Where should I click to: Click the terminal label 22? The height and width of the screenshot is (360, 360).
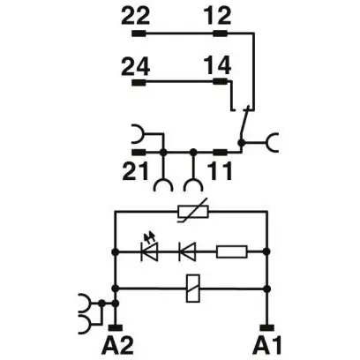pyautogui.click(x=136, y=16)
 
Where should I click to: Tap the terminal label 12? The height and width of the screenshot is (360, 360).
pyautogui.click(x=218, y=16)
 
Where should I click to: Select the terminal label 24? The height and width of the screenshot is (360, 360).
pyautogui.click(x=136, y=66)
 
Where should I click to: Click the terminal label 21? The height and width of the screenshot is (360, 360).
pyautogui.click(x=135, y=171)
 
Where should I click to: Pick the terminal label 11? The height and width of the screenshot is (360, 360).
pyautogui.click(x=220, y=171)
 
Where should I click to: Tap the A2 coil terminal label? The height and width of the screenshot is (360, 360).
pyautogui.click(x=117, y=346)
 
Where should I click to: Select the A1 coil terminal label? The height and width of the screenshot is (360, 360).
pyautogui.click(x=267, y=346)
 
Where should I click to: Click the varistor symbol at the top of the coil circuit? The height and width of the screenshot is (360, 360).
pyautogui.click(x=193, y=211)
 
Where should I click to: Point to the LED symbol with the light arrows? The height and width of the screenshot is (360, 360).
pyautogui.click(x=149, y=249)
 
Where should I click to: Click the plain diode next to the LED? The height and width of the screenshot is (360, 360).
pyautogui.click(x=187, y=251)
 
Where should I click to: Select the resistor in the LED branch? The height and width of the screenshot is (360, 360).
pyautogui.click(x=232, y=251)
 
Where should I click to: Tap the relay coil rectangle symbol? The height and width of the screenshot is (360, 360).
pyautogui.click(x=193, y=289)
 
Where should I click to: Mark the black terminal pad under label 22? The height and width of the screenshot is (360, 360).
pyautogui.click(x=139, y=34)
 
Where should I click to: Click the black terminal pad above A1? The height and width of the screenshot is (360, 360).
pyautogui.click(x=267, y=327)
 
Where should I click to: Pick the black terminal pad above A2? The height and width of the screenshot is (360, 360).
pyautogui.click(x=116, y=327)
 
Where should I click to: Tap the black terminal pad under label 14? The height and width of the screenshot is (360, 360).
pyautogui.click(x=220, y=81)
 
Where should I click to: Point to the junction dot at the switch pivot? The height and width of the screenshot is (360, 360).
pyautogui.click(x=241, y=143)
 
